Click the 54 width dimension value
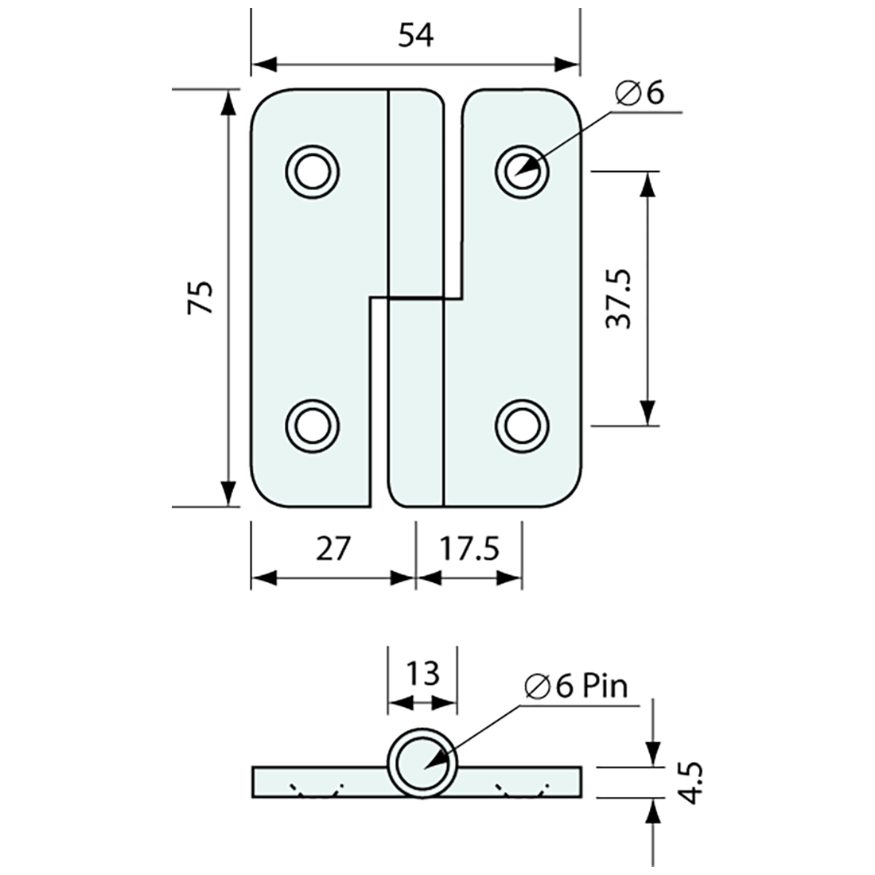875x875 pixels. click(416, 37)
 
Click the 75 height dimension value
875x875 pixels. click(200, 297)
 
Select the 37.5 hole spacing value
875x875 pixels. click(618, 298)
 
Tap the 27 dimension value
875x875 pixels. click(333, 549)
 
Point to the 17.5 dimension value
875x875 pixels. click(469, 549)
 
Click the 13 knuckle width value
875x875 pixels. click(422, 673)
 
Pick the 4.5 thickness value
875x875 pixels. click(691, 784)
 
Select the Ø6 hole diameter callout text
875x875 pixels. click(640, 92)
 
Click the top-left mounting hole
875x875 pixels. click(313, 171)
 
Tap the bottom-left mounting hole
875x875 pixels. click(313, 426)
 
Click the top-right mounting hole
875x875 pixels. click(522, 171)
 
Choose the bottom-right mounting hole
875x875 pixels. click(522, 426)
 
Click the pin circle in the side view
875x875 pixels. click(422, 763)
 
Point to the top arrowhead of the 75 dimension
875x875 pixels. click(227, 102)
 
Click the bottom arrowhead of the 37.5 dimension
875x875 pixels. click(647, 414)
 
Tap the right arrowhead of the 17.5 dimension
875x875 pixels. click(509, 578)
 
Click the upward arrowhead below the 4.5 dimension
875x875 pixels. click(654, 811)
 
